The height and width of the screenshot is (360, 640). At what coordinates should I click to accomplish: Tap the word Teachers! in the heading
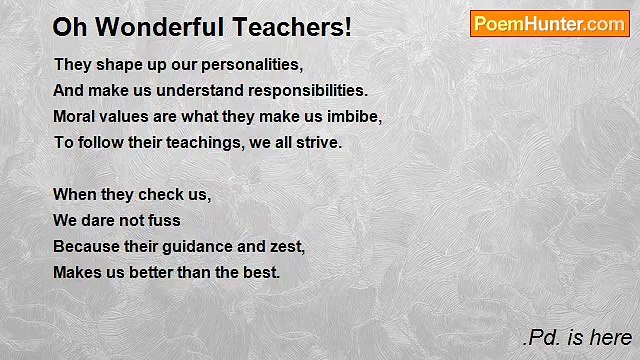point(290,27)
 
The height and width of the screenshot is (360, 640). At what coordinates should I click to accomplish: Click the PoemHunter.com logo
point(549,24)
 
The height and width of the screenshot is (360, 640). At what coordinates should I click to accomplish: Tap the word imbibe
point(356,116)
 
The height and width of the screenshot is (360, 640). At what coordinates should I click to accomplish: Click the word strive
point(319,142)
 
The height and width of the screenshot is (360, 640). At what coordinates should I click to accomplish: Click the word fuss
point(165,220)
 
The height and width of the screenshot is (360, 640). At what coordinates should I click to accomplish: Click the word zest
point(287,246)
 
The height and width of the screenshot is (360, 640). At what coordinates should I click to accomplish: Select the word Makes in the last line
point(76,272)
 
